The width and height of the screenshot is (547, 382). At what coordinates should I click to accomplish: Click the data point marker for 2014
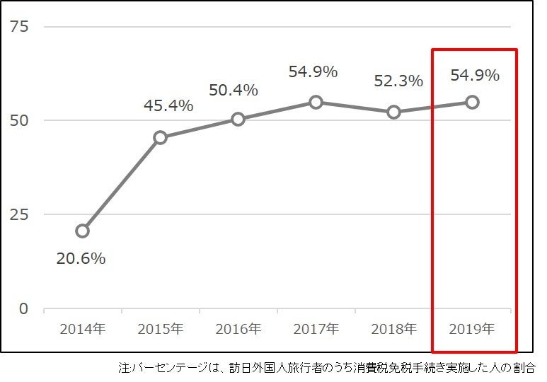click(82, 231)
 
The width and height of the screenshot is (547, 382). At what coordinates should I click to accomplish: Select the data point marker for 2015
click(160, 137)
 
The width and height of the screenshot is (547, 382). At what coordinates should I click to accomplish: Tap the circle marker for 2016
click(238, 119)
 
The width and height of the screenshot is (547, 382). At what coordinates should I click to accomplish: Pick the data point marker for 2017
click(316, 102)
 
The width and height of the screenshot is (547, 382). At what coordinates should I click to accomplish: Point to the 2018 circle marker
click(394, 112)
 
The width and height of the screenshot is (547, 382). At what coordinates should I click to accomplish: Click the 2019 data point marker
click(472, 102)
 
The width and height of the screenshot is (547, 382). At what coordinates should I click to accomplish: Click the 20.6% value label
click(81, 259)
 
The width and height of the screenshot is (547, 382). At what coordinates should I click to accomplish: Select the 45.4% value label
click(168, 105)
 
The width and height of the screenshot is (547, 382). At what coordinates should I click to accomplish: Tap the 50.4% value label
click(233, 91)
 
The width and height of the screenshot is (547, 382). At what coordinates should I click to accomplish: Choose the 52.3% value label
click(398, 81)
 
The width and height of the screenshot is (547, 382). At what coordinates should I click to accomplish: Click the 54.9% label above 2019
click(475, 75)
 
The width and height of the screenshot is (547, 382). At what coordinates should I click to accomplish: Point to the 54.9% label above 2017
click(313, 71)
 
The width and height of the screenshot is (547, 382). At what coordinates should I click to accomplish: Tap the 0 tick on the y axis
click(23, 309)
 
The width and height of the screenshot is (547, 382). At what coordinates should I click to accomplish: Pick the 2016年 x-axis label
click(238, 329)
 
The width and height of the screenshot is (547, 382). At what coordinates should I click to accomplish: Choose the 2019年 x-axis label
click(472, 329)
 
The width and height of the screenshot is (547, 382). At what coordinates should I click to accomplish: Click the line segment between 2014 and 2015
click(121, 184)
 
